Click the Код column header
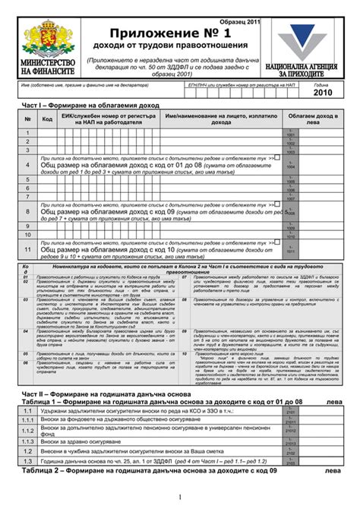47,119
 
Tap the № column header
27,119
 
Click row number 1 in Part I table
27,133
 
